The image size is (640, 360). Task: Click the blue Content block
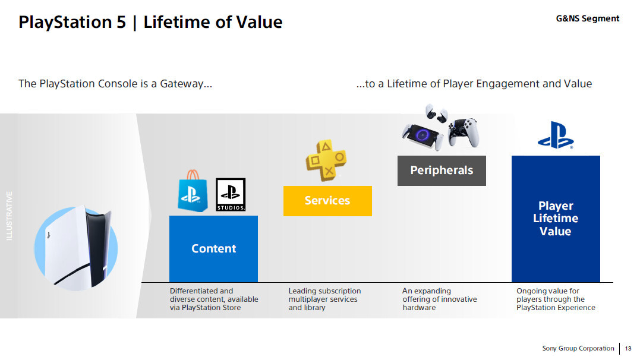coord(213,248)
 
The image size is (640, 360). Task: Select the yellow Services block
coord(327,201)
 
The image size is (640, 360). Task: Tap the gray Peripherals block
coord(442,170)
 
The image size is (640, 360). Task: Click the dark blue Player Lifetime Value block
coord(556,219)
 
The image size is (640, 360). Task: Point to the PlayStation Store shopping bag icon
coord(193,191)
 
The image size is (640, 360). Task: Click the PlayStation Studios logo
coord(231,194)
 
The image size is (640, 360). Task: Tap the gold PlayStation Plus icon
coord(326,160)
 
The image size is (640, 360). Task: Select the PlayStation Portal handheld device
coord(423,136)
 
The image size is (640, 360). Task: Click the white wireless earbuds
coord(436,113)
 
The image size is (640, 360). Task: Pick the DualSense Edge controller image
coord(464,132)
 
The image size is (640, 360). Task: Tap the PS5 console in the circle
coord(78,247)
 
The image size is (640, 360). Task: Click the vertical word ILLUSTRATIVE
coord(9,216)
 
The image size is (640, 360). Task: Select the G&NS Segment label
coord(587,18)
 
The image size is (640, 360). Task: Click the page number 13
coord(628,348)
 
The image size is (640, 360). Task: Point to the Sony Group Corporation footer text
coord(578,348)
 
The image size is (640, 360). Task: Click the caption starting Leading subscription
coord(324,299)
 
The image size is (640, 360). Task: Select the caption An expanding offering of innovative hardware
coord(440,299)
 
